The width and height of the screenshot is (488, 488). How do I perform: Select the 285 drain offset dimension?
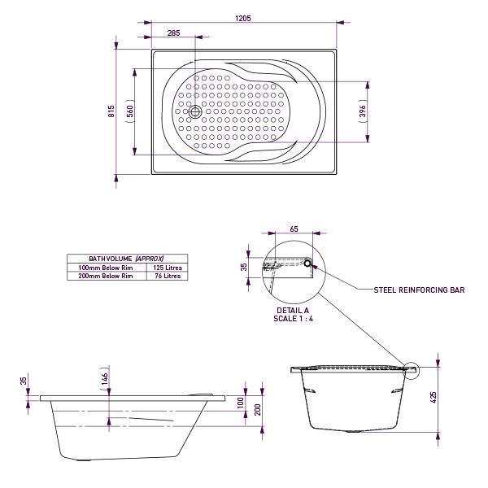[x=174, y=33]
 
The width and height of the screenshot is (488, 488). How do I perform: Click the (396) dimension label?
[x=362, y=111]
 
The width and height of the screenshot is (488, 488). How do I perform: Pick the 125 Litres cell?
[x=168, y=267]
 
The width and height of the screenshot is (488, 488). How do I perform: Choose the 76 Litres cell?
[x=168, y=276]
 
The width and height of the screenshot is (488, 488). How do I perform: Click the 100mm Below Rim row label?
[x=106, y=267]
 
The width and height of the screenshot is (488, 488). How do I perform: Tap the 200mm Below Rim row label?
[x=106, y=276]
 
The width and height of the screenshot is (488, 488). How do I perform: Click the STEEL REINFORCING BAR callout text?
[x=419, y=290]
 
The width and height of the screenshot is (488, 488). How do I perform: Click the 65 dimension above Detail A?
[x=293, y=230]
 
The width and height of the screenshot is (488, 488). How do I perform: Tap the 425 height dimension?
[x=434, y=396]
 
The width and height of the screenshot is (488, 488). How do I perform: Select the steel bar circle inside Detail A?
[x=307, y=263]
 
